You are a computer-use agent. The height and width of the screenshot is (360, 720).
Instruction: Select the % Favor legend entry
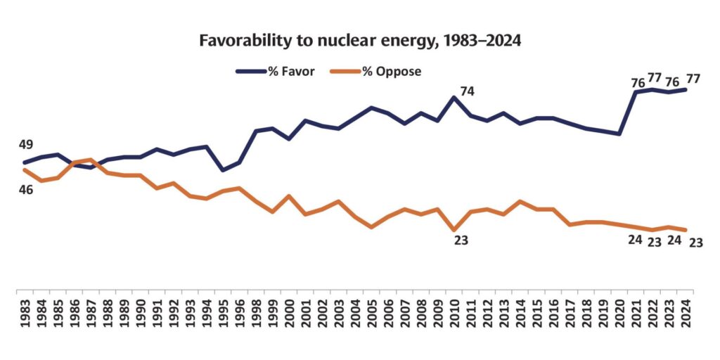point(275,72)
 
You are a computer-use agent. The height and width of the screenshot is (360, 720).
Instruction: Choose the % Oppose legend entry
point(375,72)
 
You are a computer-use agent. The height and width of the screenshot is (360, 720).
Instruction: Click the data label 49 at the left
point(26,145)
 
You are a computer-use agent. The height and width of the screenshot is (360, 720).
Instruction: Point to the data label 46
point(26,189)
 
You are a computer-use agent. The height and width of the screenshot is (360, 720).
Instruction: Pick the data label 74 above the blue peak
point(467,91)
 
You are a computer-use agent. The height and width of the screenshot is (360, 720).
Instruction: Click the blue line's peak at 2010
point(454,97)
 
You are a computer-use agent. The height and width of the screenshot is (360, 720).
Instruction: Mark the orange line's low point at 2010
point(454,230)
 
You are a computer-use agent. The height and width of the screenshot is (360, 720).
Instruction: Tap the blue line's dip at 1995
point(223,170)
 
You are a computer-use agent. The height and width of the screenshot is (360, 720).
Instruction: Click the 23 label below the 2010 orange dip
point(461,240)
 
